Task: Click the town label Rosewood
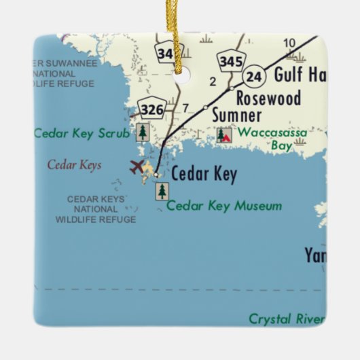coord(268,98)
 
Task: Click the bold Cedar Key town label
coord(204,175)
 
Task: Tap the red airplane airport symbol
coord(137,166)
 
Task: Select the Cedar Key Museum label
coord(224,205)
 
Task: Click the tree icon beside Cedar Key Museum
coord(162,192)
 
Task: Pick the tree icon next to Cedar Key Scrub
coord(143,132)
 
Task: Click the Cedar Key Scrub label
coord(82,133)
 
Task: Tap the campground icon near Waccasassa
coord(224,134)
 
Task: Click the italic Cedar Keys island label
coord(74,164)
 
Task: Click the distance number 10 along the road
coord(289,43)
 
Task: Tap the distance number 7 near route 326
coord(185,107)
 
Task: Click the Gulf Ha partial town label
coord(299,75)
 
